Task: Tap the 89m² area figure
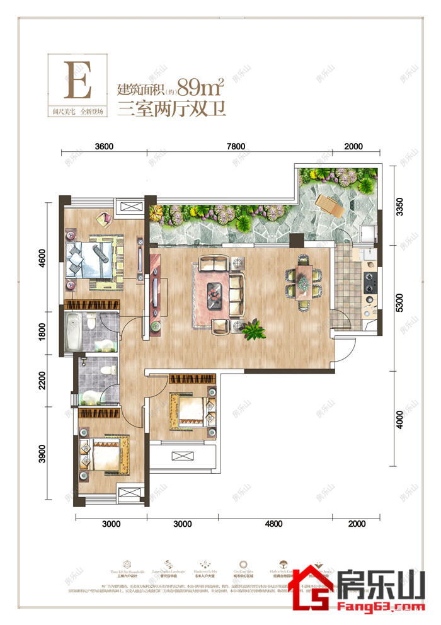(201, 86)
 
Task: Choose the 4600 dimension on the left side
(42, 257)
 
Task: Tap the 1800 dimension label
(42, 331)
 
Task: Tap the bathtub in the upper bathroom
(71, 333)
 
